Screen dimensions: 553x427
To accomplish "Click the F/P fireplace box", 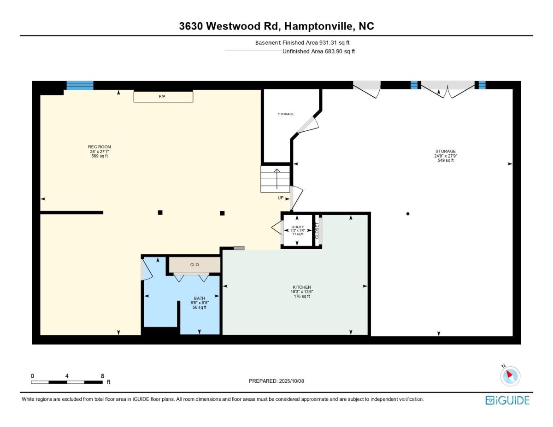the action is click(x=163, y=96).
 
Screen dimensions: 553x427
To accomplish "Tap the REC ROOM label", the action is click(x=99, y=147).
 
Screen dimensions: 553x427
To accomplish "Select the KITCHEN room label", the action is click(x=301, y=287).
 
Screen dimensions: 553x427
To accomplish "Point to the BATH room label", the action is click(x=199, y=298).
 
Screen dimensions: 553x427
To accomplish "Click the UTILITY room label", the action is click(x=298, y=227).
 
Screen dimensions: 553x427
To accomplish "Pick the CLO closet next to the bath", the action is click(x=194, y=265).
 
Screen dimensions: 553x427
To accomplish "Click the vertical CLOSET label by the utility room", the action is click(x=317, y=231).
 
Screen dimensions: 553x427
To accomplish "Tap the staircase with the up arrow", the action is click(x=275, y=179).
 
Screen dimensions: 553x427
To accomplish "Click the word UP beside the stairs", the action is click(x=281, y=198).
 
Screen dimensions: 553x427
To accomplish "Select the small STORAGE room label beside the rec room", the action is click(x=286, y=114).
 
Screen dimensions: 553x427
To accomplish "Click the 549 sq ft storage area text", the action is click(x=445, y=160).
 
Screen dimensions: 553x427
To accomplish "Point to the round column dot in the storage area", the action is click(x=408, y=214).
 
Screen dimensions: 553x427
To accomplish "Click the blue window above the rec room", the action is click(x=80, y=86).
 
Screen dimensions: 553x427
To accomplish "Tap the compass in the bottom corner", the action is click(x=510, y=376).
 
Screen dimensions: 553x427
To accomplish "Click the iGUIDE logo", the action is click(x=507, y=400).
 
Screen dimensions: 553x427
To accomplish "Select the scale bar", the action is click(x=67, y=382).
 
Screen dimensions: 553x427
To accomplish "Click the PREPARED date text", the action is click(x=276, y=381).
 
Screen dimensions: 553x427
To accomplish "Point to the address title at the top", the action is click(x=276, y=26).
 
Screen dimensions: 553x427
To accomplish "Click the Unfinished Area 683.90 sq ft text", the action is click(x=318, y=52).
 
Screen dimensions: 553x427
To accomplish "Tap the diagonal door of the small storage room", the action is click(x=308, y=125).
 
